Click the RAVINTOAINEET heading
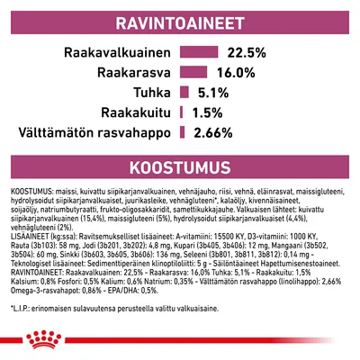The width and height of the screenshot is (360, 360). pos(180,20)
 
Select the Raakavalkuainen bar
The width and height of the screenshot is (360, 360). pos(200,51)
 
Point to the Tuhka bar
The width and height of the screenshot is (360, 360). pos(184,93)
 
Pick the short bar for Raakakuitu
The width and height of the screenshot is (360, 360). pos(182,113)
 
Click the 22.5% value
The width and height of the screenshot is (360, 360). pos(246,51)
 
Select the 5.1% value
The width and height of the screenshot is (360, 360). pos(211,93)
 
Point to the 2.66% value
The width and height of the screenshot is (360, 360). pos(212,134)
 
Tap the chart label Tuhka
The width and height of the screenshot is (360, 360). pos(152,93)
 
